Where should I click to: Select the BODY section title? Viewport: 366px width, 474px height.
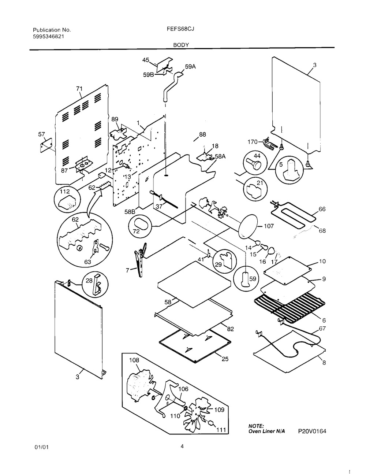[181, 45]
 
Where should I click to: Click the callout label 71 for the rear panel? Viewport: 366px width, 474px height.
[79, 89]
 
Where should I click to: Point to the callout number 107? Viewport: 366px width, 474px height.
[269, 226]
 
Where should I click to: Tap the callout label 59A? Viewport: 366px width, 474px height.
[190, 67]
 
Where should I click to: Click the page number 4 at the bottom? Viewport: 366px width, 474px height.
[182, 446]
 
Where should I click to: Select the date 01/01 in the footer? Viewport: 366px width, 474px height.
[41, 447]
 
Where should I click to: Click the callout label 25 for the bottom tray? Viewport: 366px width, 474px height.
[225, 359]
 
